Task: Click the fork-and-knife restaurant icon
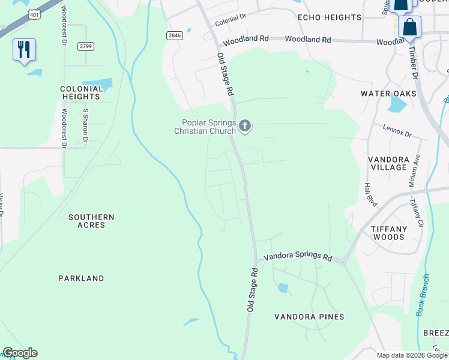[x=24, y=50]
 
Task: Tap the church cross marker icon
[x=244, y=126]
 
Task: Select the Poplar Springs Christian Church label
[x=205, y=127]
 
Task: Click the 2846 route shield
[x=174, y=36]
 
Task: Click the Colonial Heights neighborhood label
[x=80, y=92]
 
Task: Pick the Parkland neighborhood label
[x=81, y=278]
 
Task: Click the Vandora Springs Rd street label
[x=298, y=257]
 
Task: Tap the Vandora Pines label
[x=309, y=317]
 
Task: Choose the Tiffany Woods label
[x=388, y=233]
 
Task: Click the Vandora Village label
[x=388, y=163]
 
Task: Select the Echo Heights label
[x=329, y=18]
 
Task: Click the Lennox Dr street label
[x=397, y=131]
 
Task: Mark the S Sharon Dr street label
[x=86, y=126]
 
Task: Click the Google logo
[x=20, y=353]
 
